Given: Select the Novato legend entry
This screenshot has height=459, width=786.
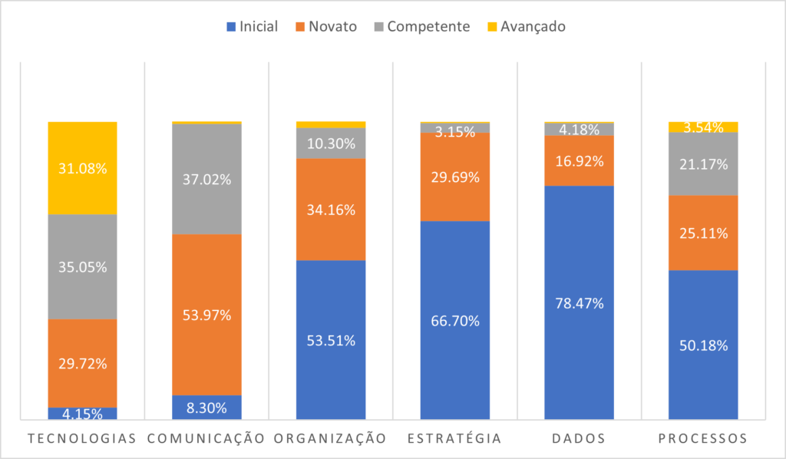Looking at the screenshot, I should point(325,27).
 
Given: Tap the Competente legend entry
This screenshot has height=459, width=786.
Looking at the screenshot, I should point(421,27).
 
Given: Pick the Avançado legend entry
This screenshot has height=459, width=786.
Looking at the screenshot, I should point(526,27).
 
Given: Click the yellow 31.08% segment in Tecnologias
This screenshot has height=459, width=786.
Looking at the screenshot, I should point(82,167).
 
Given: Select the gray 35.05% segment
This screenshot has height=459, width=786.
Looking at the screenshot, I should point(82,266).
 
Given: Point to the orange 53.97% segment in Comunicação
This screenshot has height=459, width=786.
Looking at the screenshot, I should point(206,315).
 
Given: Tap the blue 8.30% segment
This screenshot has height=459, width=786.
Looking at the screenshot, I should point(206,408).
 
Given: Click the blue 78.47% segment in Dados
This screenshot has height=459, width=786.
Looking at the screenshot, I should point(580,302).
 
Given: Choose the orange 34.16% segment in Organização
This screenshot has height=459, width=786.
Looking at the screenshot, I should point(331,210).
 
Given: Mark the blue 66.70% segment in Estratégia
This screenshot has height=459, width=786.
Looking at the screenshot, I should point(455,320).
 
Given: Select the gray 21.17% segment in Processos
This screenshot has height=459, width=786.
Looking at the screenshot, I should point(703,163).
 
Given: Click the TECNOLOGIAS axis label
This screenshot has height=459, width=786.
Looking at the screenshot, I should point(82,439).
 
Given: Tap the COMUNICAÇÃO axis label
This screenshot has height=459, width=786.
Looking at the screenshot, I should point(206,439).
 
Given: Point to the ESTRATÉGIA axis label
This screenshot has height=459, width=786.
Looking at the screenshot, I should point(455,439).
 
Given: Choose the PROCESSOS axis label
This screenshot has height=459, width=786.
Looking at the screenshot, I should point(703,439).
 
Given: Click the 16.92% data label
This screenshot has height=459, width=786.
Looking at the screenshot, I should point(580,161).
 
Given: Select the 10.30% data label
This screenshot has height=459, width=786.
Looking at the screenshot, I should point(331,143).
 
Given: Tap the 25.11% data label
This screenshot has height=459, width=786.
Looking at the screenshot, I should point(703,233).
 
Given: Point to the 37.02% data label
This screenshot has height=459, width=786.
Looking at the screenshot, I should point(206,179).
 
